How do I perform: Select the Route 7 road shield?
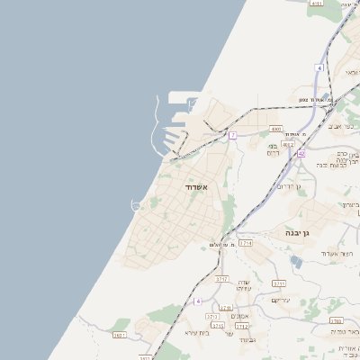click(x=232, y=135)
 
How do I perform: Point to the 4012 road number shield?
click(x=288, y=143)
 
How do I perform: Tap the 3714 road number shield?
click(x=245, y=243)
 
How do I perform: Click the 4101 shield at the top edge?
click(x=315, y=4)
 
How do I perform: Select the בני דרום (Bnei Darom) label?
click(x=273, y=150)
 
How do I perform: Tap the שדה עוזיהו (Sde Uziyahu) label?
click(x=242, y=284)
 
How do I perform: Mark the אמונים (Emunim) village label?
click(x=239, y=316)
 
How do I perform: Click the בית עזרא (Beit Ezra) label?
click(x=197, y=332)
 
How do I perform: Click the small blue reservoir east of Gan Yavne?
click(x=297, y=262)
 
